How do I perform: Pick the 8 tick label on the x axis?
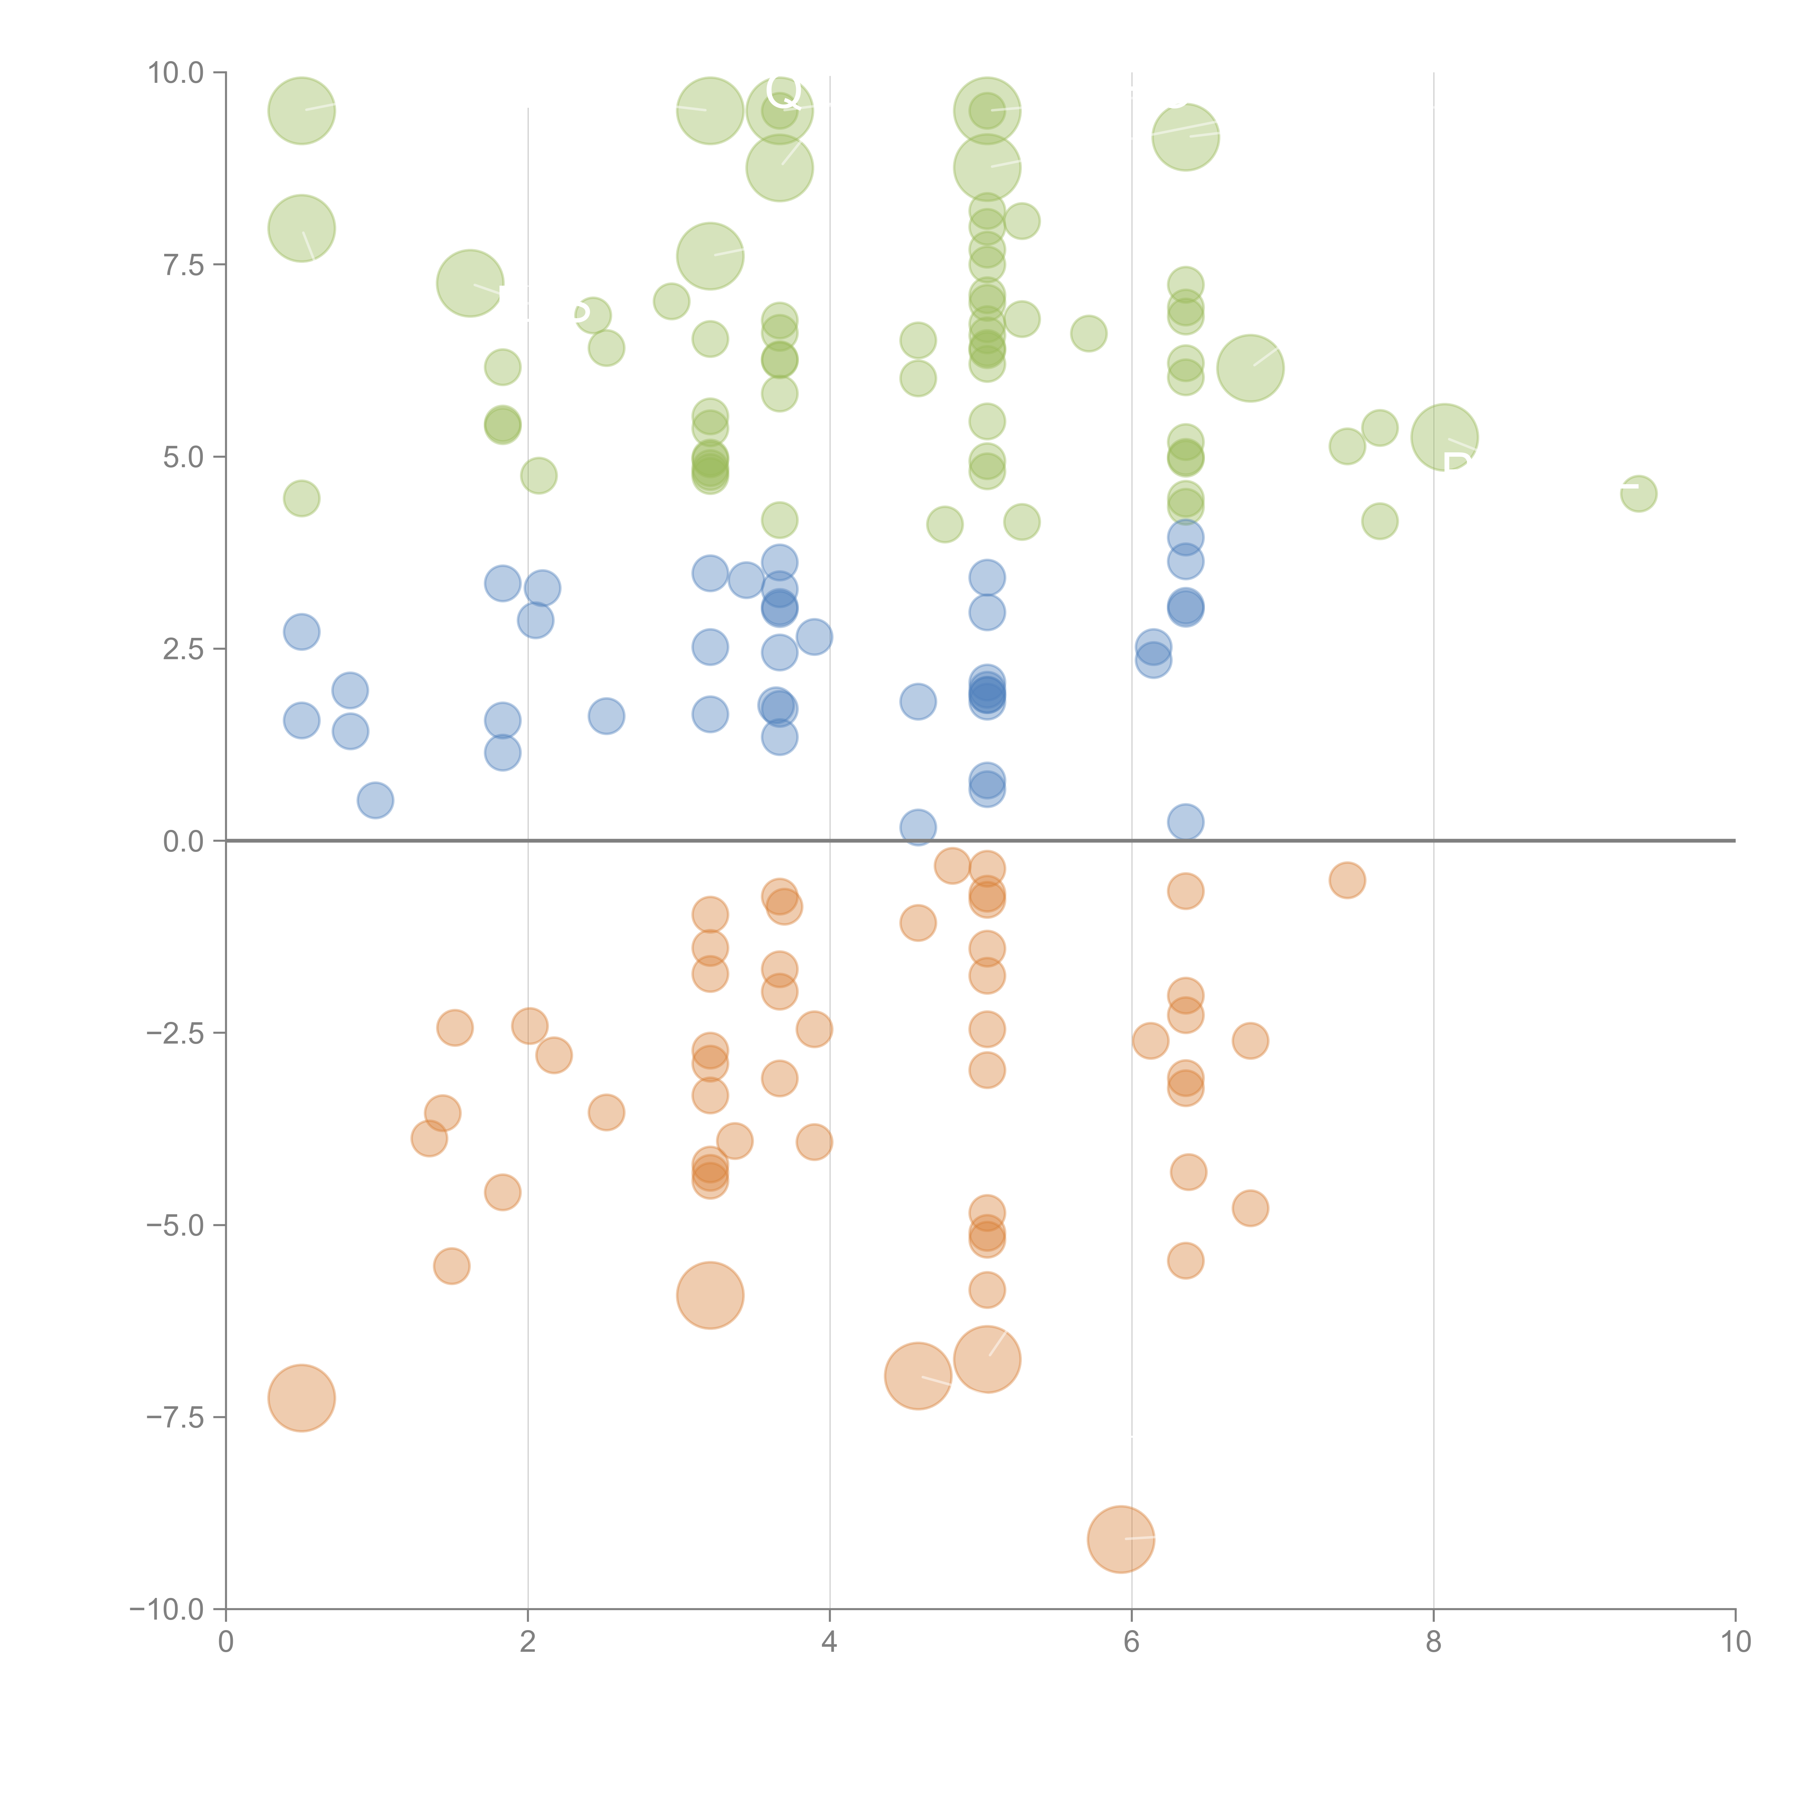click(x=1434, y=1642)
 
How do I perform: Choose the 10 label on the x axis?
click(x=1735, y=1642)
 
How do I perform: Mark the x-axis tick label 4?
click(x=829, y=1642)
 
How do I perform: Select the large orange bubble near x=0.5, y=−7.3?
click(x=301, y=1398)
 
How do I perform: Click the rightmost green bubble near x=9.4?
click(x=1638, y=493)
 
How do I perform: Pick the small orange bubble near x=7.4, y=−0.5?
click(x=1347, y=880)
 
